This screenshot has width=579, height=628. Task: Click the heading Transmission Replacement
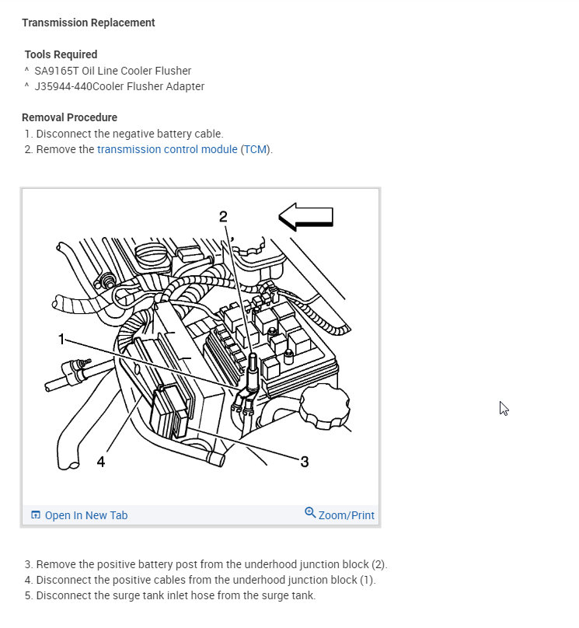(88, 23)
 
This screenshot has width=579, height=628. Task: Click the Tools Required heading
(61, 54)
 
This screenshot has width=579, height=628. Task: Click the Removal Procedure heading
(69, 117)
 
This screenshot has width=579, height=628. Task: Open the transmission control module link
(167, 149)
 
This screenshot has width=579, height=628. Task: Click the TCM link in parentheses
(255, 149)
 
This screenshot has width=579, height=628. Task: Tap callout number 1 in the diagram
(62, 339)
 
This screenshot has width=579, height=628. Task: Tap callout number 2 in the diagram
(223, 217)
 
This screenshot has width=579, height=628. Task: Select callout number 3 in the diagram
(304, 462)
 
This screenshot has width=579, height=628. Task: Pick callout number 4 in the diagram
(100, 462)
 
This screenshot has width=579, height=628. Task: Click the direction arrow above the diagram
(305, 217)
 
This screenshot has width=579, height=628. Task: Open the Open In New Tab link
(85, 515)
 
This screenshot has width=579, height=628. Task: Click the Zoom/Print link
(346, 515)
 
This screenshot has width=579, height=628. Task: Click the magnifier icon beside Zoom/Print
(310, 513)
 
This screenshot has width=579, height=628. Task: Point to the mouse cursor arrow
(504, 408)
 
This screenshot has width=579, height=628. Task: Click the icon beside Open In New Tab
(36, 515)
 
